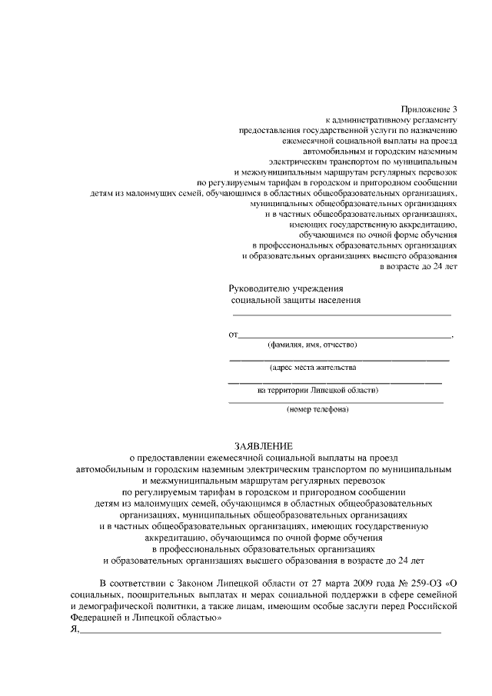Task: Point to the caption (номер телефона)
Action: click(x=317, y=409)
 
